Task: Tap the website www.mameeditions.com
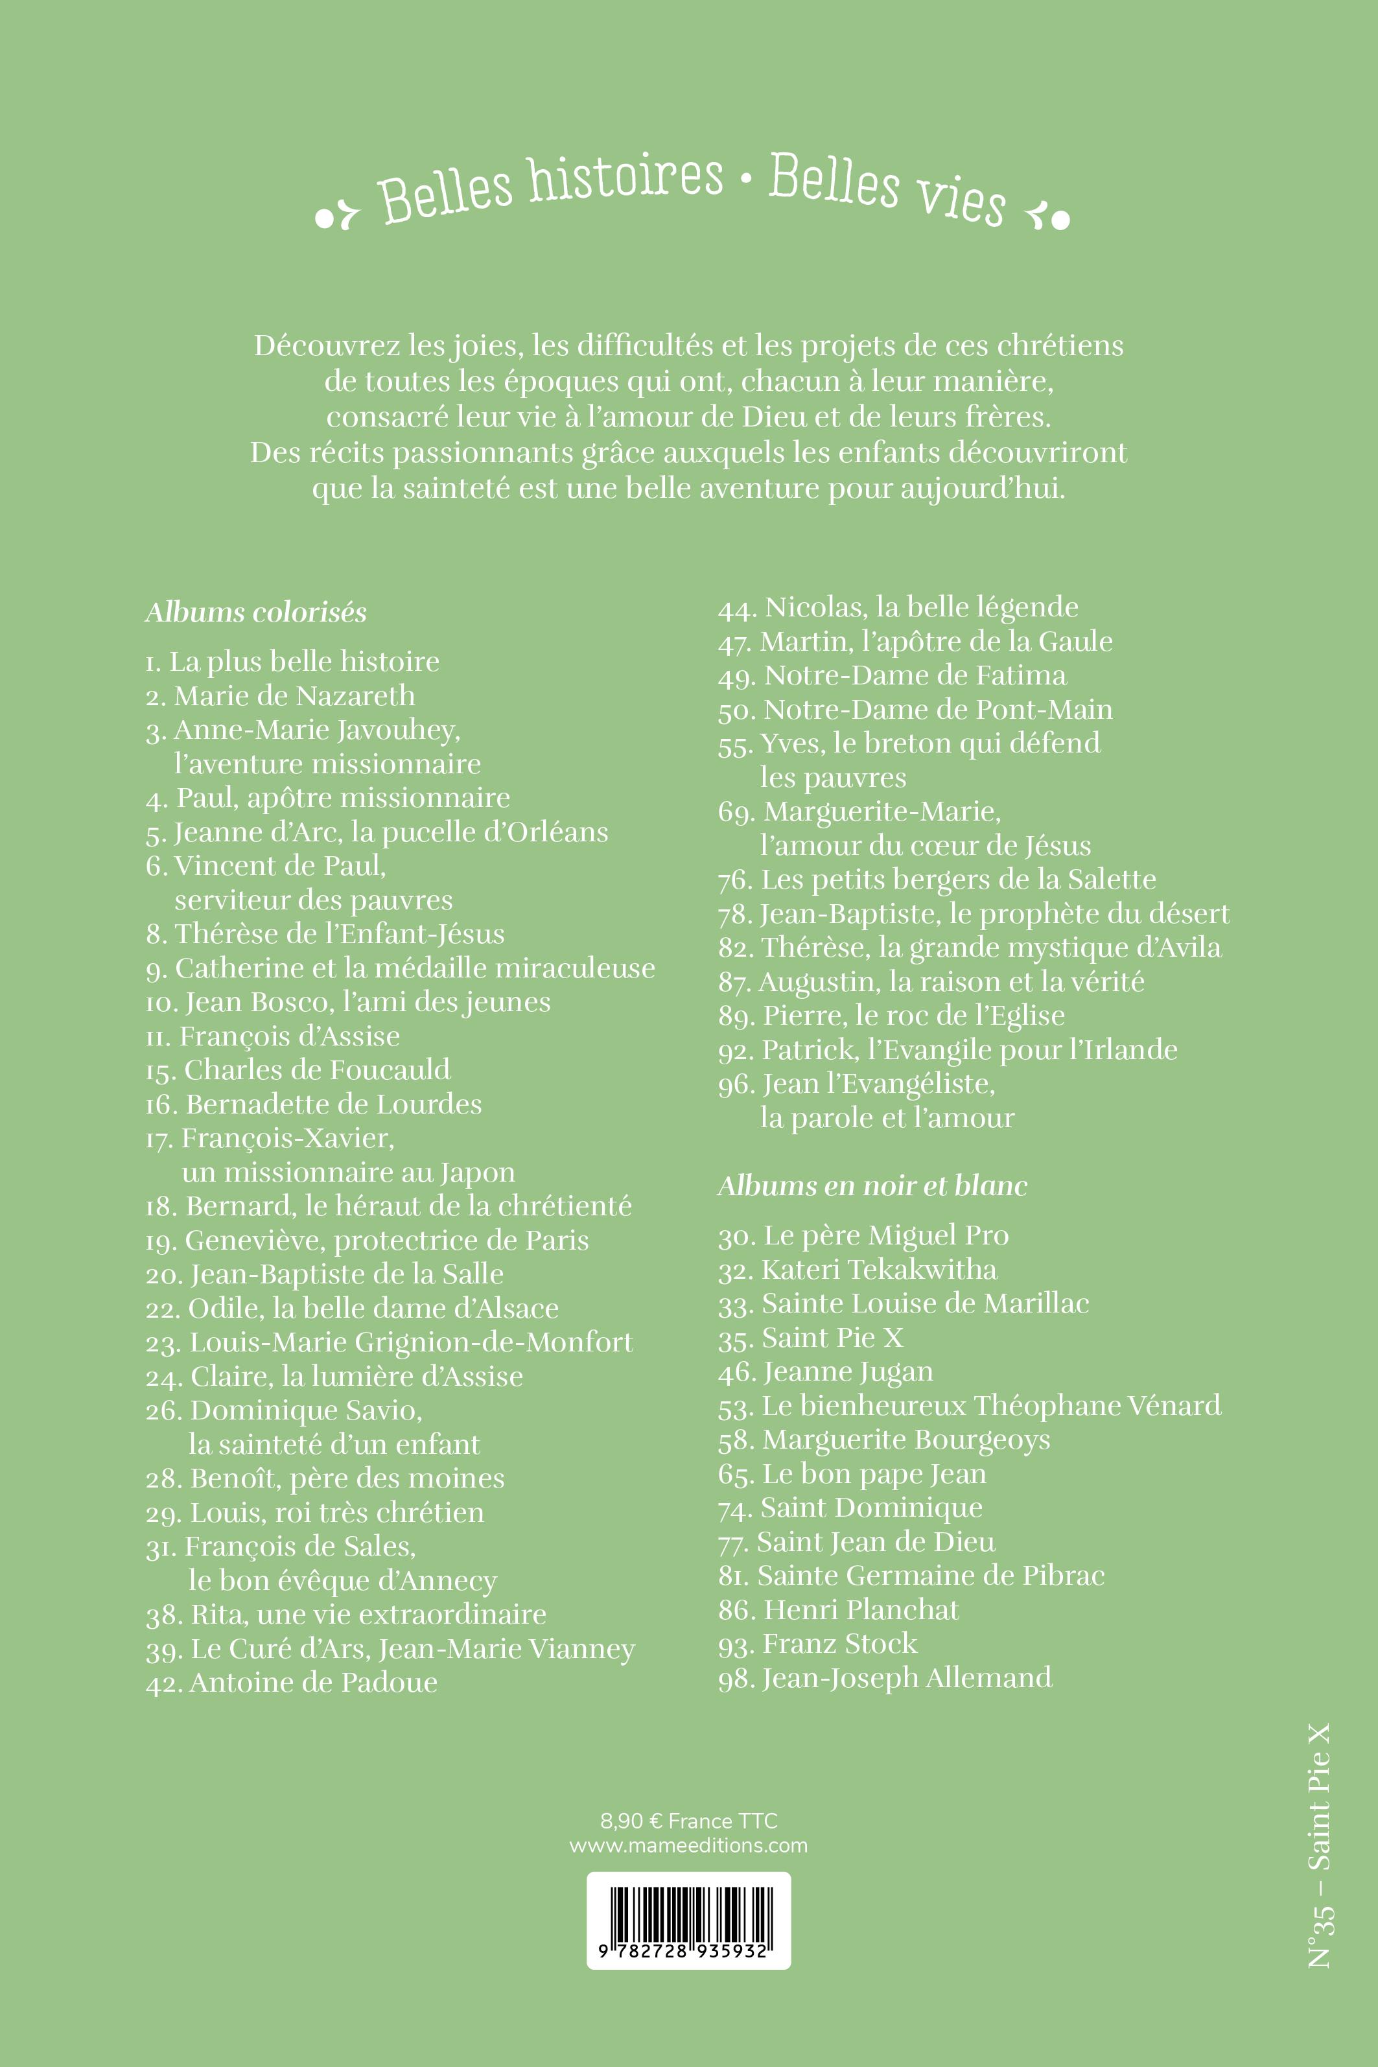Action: (x=688, y=1845)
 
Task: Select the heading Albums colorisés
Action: (x=256, y=613)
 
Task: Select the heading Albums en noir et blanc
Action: (x=872, y=1186)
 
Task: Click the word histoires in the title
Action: (x=625, y=180)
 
